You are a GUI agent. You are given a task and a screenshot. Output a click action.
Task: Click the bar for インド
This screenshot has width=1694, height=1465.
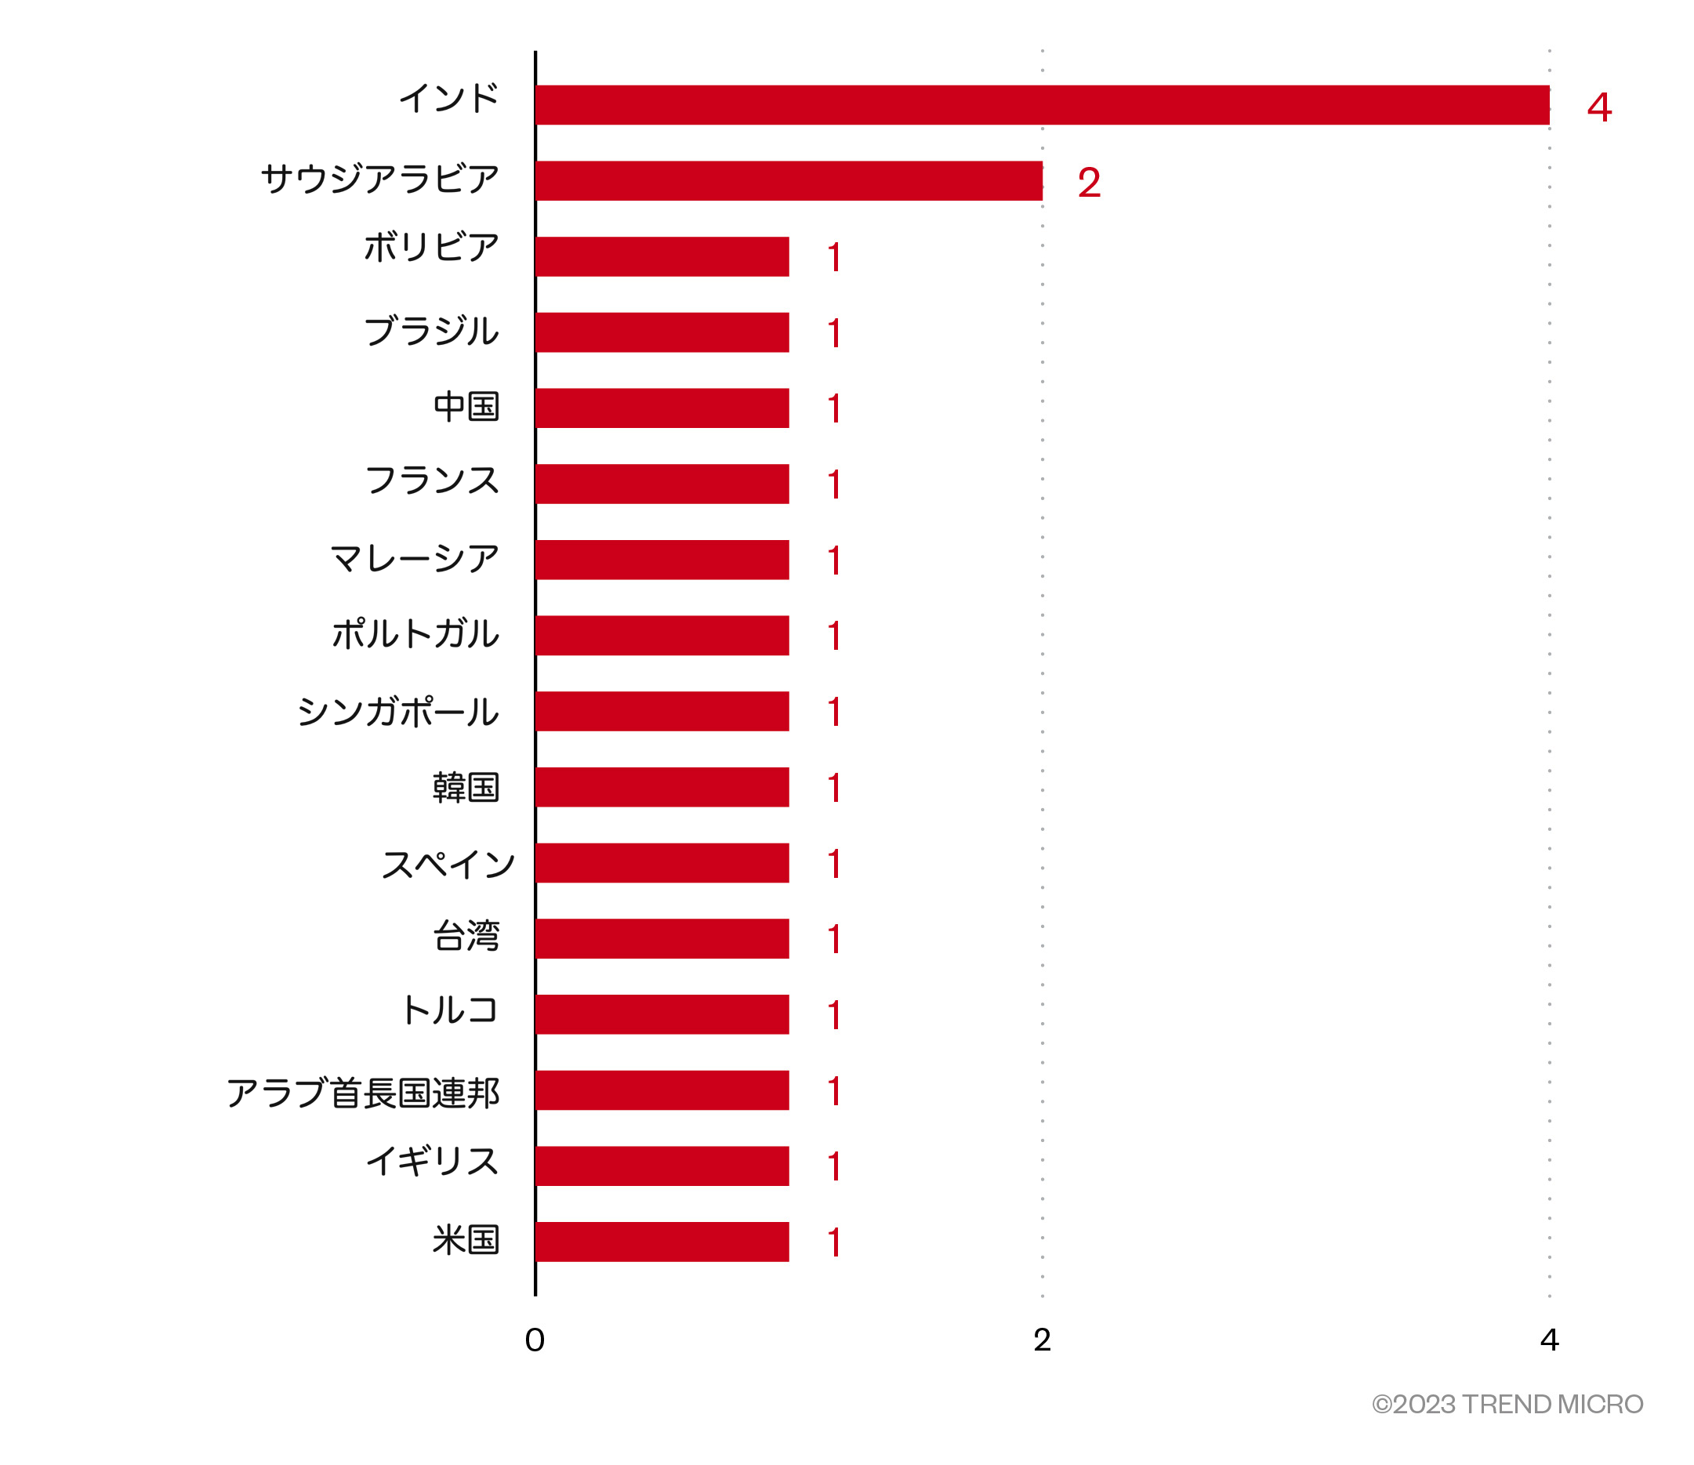point(1042,106)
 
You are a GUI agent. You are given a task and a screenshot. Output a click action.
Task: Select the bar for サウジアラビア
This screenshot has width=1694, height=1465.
point(789,180)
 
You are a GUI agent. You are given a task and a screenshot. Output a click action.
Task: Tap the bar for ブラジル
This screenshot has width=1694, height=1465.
point(662,332)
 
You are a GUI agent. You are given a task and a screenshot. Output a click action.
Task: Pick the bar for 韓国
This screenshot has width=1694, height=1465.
point(662,786)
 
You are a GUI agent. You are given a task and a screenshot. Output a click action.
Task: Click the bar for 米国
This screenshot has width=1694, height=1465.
point(662,1242)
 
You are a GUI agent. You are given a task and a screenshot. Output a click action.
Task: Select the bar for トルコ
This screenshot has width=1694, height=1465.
point(662,1014)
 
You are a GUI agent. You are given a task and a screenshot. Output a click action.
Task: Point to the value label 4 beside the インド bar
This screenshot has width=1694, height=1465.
point(1599,107)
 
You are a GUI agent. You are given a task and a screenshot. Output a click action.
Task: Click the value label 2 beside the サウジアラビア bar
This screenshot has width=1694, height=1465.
point(1089,183)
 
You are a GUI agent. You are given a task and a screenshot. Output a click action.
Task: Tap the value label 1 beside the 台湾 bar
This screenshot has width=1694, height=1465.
point(834,939)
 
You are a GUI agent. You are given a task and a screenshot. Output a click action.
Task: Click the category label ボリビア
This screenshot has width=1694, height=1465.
point(431,247)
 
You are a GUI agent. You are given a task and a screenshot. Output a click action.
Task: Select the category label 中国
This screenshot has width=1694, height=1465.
point(466,406)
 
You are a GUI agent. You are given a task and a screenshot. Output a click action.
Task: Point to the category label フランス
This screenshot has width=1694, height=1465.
point(432,480)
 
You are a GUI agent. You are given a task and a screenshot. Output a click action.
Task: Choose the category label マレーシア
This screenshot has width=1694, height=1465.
point(415,558)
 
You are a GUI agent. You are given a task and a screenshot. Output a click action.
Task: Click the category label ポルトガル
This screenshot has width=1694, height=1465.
point(415,633)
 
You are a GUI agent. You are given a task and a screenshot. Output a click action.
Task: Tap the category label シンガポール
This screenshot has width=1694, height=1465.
point(398,711)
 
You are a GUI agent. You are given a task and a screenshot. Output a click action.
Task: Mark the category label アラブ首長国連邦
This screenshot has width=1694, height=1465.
point(363,1093)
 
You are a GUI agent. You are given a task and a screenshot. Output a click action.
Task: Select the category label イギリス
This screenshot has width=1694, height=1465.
point(432,1162)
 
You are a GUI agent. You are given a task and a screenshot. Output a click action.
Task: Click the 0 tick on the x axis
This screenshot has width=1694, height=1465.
point(535,1340)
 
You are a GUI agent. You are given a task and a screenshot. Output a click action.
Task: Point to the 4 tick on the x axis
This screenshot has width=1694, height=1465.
point(1548,1340)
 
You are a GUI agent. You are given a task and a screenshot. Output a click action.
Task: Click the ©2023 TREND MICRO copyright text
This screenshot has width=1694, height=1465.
point(1507,1405)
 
